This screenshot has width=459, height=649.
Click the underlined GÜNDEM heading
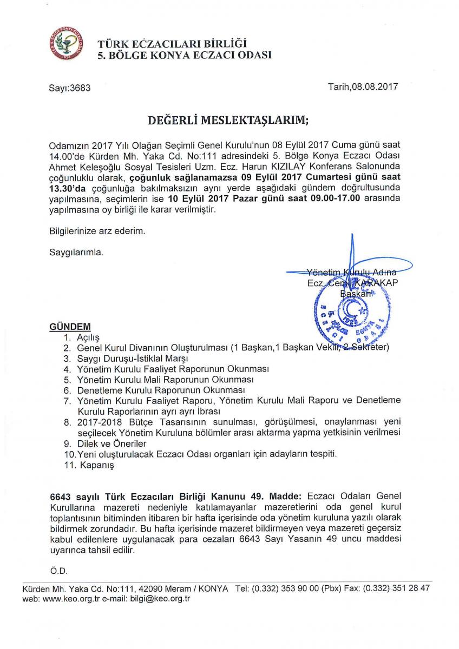click(x=70, y=327)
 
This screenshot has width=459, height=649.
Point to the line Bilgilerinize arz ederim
click(x=97, y=231)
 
